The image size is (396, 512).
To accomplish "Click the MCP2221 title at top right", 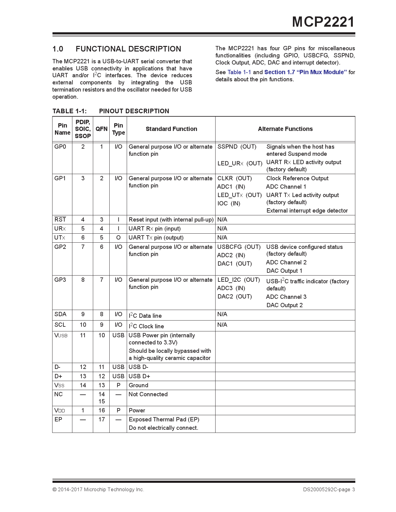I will pyautogui.click(x=323, y=22).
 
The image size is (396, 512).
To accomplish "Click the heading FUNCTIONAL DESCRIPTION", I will pyautogui.click(x=128, y=49).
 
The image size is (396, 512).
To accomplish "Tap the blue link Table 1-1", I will pyautogui.click(x=239, y=72).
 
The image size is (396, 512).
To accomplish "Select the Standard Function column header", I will pyautogui.click(x=171, y=129).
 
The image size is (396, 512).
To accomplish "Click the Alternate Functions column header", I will pyautogui.click(x=285, y=129).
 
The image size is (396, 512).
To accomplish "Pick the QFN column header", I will pyautogui.click(x=102, y=129).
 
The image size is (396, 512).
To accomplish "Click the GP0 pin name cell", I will pyautogui.click(x=60, y=147).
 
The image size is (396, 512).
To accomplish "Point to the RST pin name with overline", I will pyautogui.click(x=60, y=220).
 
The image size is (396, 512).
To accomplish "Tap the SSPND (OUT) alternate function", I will pyautogui.click(x=237, y=147).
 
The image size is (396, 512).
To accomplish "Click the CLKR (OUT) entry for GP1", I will pyautogui.click(x=234, y=178).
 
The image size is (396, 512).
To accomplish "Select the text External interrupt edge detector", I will pyautogui.click(x=307, y=211).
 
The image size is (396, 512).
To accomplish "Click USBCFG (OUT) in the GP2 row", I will pyautogui.click(x=239, y=247).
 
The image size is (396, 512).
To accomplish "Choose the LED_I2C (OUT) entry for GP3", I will pyautogui.click(x=239, y=280).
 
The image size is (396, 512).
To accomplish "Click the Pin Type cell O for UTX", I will pyautogui.click(x=118, y=238).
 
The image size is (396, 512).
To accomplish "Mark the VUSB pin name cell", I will pyautogui.click(x=61, y=335).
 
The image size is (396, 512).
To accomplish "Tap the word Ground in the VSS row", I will pyautogui.click(x=139, y=385).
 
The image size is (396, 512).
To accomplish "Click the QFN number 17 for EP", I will pyautogui.click(x=102, y=420).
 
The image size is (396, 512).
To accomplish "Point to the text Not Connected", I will pyautogui.click(x=148, y=394).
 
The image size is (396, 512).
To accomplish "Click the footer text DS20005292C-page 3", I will pyautogui.click(x=329, y=490).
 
